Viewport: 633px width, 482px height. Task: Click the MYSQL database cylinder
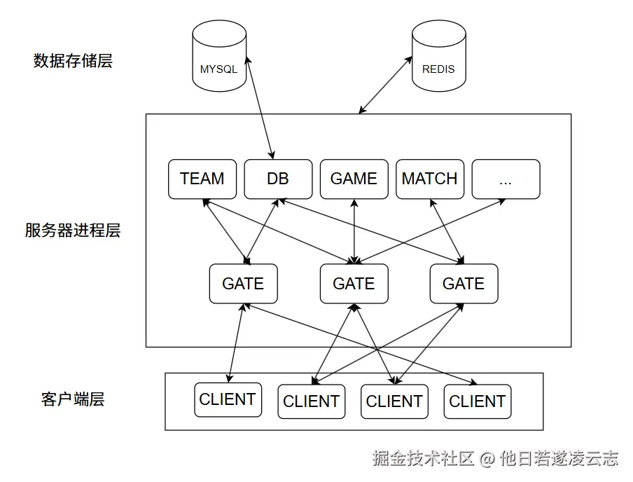pos(219,56)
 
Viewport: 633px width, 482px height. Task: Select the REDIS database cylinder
pos(439,56)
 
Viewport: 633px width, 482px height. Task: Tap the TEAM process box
pos(202,179)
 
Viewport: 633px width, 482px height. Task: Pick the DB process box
pos(278,179)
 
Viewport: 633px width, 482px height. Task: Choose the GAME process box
pos(354,179)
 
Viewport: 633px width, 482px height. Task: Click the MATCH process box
pos(430,179)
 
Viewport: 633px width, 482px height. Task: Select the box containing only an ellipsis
pos(506,179)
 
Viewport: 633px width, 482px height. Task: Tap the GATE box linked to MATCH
pos(464,284)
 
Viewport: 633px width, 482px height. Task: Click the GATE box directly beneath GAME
pos(354,284)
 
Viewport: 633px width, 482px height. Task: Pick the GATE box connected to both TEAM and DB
pos(244,284)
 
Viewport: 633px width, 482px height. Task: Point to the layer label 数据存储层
pos(73,61)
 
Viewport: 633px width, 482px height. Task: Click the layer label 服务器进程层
pos(73,230)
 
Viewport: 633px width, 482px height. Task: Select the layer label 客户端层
pos(73,399)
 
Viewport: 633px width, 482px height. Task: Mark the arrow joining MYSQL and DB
pos(260,107)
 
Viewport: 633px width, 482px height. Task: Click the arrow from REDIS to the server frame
pos(385,85)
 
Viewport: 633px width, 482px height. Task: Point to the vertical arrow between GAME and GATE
pos(354,231)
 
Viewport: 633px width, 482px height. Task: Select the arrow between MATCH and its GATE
pos(447,231)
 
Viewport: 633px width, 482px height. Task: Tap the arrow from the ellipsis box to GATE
pos(430,231)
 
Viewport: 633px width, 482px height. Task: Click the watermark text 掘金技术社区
pos(423,459)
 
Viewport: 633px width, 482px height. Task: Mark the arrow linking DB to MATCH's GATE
pos(371,231)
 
